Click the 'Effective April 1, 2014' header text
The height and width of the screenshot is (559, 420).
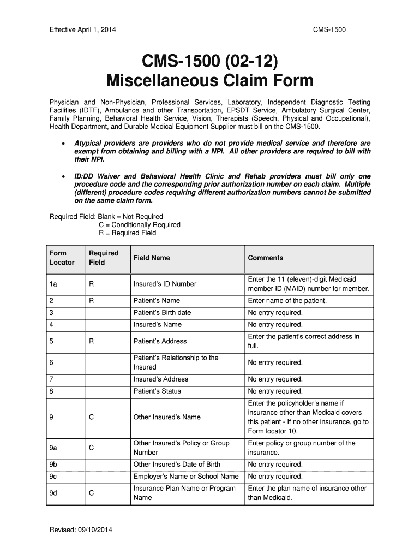pos(82,29)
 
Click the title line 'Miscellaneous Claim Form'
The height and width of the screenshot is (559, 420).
pos(210,81)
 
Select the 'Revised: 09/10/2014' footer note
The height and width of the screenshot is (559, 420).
pos(81,530)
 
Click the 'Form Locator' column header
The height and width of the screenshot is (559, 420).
pos(62,258)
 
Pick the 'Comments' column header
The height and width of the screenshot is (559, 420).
pos(266,258)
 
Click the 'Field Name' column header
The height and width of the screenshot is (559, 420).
pos(152,258)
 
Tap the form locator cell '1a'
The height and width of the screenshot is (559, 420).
pos(53,284)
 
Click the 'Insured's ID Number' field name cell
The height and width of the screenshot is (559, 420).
pos(165,284)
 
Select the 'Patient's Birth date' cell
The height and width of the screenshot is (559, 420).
pos(162,313)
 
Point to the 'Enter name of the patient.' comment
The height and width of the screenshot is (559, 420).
pos(287,301)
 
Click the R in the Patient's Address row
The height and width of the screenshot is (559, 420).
pos(92,341)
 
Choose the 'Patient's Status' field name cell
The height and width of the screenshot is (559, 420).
pos(157,391)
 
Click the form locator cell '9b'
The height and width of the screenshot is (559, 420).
pos(53,465)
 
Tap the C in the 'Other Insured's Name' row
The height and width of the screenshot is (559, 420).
pos(92,417)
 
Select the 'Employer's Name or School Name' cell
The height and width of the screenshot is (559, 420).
pos(186,477)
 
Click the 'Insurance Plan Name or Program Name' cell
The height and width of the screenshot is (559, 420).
pos(184,493)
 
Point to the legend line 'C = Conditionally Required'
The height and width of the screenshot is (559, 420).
pos(139,225)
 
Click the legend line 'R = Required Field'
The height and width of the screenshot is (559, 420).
pos(127,233)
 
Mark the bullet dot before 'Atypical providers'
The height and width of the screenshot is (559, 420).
pos(64,144)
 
